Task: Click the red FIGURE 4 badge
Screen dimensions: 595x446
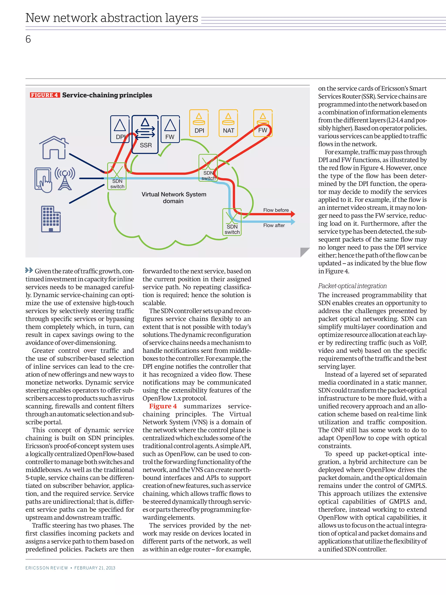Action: [45, 95]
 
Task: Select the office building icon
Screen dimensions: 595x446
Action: [51, 219]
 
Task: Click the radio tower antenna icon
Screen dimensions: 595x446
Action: [65, 179]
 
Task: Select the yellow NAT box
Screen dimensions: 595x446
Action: [228, 123]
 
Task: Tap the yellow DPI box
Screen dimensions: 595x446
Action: [199, 123]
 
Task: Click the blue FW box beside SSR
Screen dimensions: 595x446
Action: [170, 129]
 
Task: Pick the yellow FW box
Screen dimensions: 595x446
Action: [263, 123]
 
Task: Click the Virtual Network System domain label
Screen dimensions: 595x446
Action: [174, 198]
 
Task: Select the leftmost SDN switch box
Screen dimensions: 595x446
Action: [117, 176]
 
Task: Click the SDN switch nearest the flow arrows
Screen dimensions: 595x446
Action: [232, 222]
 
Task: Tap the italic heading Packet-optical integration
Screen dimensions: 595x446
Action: [352, 286]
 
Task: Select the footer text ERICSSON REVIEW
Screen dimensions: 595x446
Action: [47, 568]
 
